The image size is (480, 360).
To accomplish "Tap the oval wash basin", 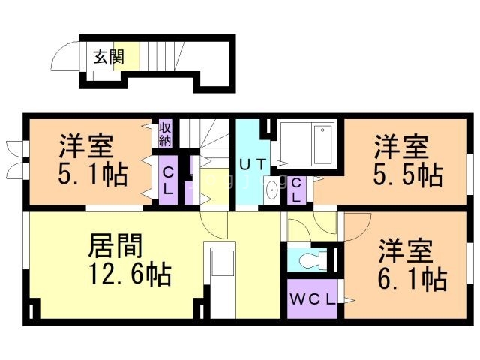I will pyautogui.click(x=271, y=191).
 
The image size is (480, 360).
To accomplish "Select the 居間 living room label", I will pyautogui.click(x=116, y=245).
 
